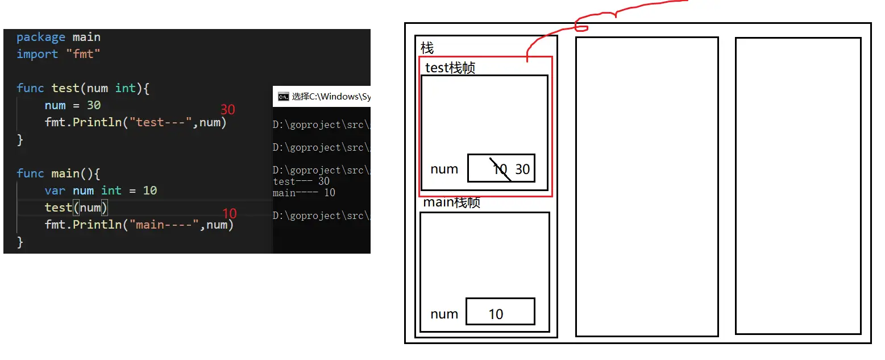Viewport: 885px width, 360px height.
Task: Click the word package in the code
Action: (x=41, y=38)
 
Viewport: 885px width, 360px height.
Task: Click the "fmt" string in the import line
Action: (x=83, y=54)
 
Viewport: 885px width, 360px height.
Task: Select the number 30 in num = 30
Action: (x=94, y=105)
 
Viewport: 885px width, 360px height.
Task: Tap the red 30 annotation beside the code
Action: (x=227, y=109)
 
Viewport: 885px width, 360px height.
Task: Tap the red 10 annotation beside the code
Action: (x=229, y=214)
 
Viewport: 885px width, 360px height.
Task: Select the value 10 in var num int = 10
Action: (x=150, y=191)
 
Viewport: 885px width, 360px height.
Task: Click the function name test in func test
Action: (x=65, y=88)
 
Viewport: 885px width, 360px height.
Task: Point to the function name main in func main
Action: (x=65, y=173)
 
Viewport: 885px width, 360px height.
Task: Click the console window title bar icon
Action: (x=283, y=97)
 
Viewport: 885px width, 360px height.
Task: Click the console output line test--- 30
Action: (x=301, y=181)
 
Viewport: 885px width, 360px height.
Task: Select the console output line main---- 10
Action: (x=304, y=193)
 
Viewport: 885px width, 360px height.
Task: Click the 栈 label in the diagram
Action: (x=427, y=48)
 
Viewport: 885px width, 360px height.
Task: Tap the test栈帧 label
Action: (x=450, y=68)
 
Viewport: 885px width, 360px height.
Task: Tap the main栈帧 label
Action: (x=452, y=203)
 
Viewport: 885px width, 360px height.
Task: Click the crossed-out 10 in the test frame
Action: (x=500, y=169)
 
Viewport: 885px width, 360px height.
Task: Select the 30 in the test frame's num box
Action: (x=522, y=169)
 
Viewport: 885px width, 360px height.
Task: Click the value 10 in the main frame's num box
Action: (x=496, y=315)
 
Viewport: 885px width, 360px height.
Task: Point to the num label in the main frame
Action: (x=444, y=314)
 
